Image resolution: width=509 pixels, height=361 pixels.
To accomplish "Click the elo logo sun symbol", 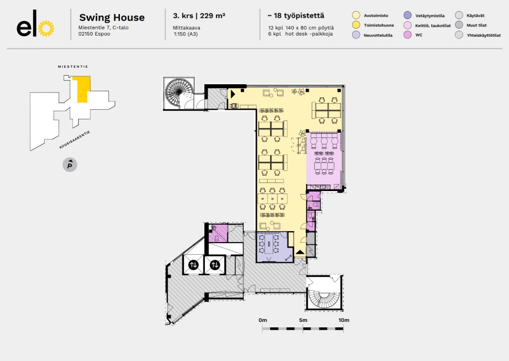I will pyautogui.click(x=46, y=29).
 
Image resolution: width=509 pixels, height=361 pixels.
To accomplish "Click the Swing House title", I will pyautogui.click(x=112, y=18).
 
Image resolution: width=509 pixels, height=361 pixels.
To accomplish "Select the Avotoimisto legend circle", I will pyautogui.click(x=356, y=16).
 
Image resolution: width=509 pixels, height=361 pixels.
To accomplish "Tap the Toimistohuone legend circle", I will pyautogui.click(x=356, y=25).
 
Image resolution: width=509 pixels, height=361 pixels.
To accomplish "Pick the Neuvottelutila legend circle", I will pyautogui.click(x=356, y=35).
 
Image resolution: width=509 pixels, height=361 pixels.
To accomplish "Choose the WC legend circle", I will pyautogui.click(x=408, y=35).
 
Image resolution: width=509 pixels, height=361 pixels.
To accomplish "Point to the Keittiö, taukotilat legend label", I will pyautogui.click(x=433, y=26).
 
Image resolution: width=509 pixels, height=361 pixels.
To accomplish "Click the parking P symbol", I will pyautogui.click(x=70, y=164).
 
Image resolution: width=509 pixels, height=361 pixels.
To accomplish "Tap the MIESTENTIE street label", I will pyautogui.click(x=73, y=66).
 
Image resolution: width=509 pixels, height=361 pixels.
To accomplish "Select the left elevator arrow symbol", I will pyautogui.click(x=194, y=265).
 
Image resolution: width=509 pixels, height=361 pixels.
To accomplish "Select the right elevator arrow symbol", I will pyautogui.click(x=215, y=265).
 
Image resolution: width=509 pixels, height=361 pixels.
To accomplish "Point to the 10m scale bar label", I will pyautogui.click(x=343, y=320).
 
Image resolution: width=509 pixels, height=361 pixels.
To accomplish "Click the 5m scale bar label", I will pyautogui.click(x=303, y=320).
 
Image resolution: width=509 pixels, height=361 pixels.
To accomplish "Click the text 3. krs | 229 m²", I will pyautogui.click(x=199, y=16).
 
